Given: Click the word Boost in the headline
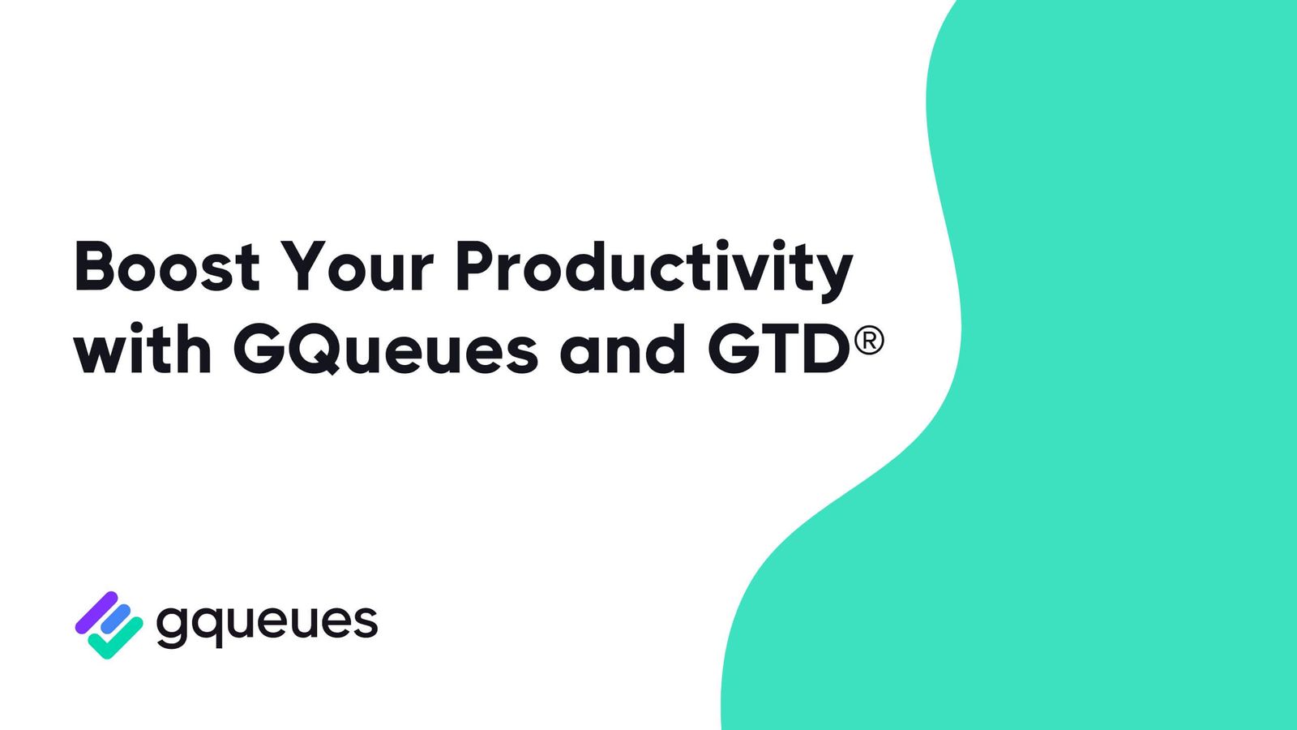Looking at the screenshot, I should [166, 267].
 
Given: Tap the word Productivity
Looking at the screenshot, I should [653, 269].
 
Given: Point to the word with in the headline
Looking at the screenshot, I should [143, 350].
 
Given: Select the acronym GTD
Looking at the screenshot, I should [778, 350].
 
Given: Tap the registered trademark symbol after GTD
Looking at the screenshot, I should [868, 340].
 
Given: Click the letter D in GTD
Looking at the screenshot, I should [822, 350].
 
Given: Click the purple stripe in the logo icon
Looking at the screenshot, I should [96, 612].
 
